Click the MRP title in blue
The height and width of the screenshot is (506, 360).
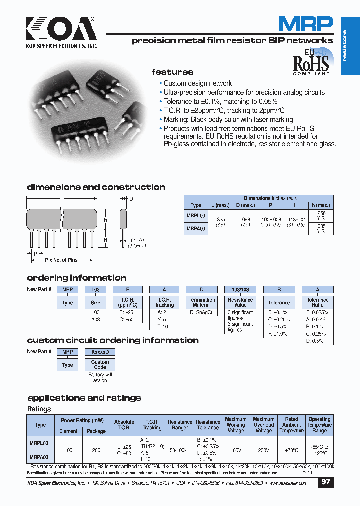click(305, 23)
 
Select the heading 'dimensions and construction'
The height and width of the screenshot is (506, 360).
click(96, 187)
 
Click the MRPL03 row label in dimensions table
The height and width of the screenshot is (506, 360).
click(195, 215)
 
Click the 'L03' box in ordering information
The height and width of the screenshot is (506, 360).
click(95, 289)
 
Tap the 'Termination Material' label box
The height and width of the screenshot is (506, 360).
click(202, 302)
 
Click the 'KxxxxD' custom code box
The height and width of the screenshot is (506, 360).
click(100, 352)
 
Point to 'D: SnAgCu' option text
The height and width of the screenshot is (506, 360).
click(202, 313)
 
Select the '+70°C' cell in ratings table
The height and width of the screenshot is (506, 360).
click(292, 450)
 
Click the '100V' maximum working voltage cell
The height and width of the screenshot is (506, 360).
click(236, 450)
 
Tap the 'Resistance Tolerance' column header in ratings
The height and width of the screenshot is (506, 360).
click(208, 425)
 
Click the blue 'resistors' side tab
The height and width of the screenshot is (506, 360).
click(350, 46)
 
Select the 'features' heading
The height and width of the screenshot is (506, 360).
click(172, 72)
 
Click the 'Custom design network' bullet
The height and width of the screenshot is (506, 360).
click(198, 83)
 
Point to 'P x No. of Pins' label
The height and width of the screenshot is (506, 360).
click(62, 260)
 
